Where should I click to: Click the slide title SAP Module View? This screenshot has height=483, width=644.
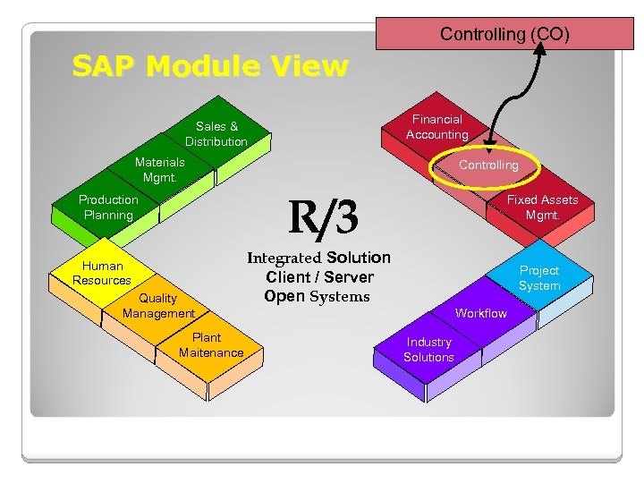click(210, 66)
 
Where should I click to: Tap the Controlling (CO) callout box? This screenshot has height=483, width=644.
click(504, 34)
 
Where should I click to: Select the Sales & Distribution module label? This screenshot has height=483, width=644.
click(216, 134)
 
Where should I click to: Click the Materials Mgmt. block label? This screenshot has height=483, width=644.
click(159, 169)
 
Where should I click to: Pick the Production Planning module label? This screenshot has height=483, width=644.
click(108, 207)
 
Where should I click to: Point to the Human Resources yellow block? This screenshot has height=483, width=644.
click(102, 272)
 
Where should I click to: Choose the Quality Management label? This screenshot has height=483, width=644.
click(158, 305)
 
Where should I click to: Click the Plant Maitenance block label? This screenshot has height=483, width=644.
click(211, 344)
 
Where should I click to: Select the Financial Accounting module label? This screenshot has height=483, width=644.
click(436, 126)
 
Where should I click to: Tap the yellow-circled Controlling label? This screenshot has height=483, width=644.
click(488, 165)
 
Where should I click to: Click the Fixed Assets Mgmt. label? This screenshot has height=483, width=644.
click(542, 207)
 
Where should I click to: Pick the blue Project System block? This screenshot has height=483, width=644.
click(539, 277)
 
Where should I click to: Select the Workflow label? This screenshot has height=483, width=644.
click(480, 313)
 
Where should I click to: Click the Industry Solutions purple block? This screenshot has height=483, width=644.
click(428, 349)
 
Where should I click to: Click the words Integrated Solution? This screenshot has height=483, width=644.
click(318, 258)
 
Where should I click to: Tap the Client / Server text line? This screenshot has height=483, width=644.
click(319, 276)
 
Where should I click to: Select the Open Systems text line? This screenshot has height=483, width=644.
click(317, 296)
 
